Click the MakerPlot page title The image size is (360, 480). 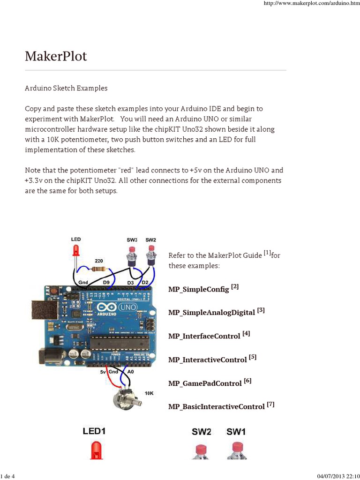tap(56, 57)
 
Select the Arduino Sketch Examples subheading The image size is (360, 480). tap(66, 88)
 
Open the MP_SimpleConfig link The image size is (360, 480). tap(199, 289)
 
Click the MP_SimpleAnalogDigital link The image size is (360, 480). tap(211, 312)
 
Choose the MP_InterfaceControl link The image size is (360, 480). tap(204, 336)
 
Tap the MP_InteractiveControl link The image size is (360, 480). tap(207, 360)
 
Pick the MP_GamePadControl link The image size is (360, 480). tap(205, 383)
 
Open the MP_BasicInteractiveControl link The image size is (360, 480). tap(217, 407)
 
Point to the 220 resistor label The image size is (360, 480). tap(99, 261)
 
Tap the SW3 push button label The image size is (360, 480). tap(132, 240)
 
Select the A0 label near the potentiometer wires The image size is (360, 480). tap(131, 371)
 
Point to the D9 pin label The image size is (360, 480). tap(106, 282)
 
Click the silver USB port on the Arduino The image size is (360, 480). tap(42, 311)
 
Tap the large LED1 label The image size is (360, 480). tap(97, 431)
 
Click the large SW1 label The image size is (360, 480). tap(236, 431)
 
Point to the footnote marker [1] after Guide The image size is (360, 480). tap(267, 253)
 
